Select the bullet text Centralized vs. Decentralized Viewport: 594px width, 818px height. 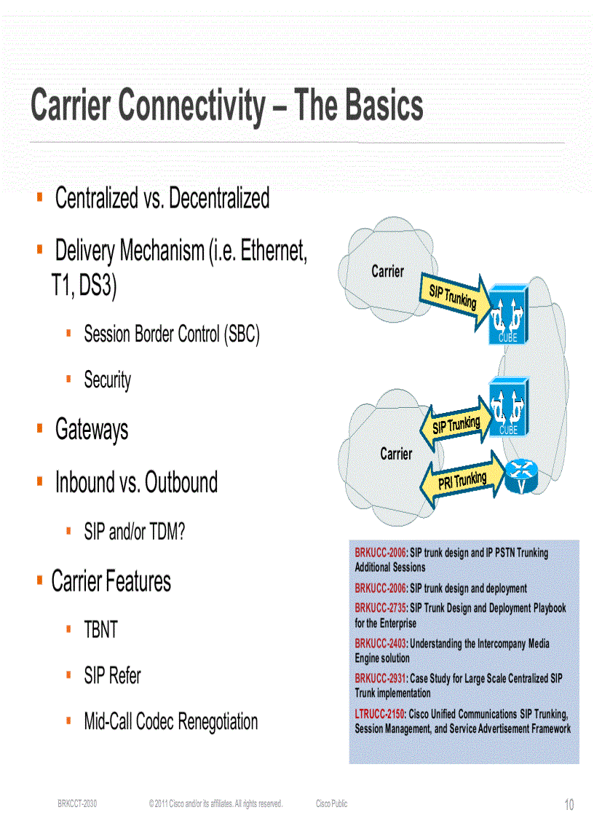tap(162, 198)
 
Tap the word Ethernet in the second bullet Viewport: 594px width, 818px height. tap(273, 251)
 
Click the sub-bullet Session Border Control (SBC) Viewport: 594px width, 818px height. tap(172, 334)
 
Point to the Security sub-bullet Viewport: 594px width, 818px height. tap(108, 379)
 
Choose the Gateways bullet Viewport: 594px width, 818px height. tap(92, 430)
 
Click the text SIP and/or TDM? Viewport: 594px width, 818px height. tap(135, 532)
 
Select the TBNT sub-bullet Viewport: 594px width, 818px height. tap(100, 630)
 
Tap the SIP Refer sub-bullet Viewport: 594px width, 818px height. tap(113, 676)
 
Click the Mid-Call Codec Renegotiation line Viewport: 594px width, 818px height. tap(171, 722)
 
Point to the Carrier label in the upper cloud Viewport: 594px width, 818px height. tap(387, 272)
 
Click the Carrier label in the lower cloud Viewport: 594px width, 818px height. tap(396, 454)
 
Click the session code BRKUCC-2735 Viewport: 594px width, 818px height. tap(379, 607)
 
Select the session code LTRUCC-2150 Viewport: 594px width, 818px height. tap(379, 714)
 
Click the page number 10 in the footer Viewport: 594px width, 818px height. tap(569, 804)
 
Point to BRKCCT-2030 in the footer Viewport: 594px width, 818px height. tap(77, 803)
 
